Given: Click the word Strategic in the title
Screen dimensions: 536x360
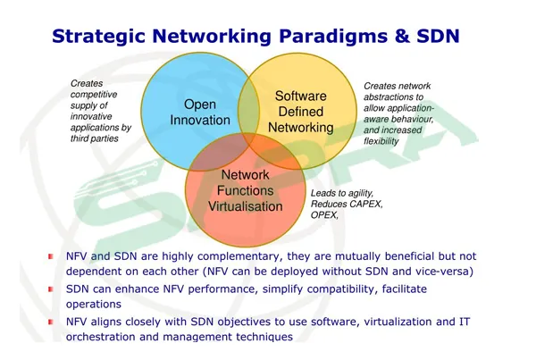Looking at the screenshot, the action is point(98,37).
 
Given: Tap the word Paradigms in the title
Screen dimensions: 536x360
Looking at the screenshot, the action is point(333,37).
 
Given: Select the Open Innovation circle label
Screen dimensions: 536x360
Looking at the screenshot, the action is point(200,113).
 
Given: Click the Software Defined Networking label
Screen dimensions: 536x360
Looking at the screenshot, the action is point(301,112).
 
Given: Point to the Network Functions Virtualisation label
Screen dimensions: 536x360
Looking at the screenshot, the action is point(246,190).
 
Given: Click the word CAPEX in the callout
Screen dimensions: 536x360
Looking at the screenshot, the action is point(364,204).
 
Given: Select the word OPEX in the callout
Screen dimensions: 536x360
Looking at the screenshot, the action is point(324,215).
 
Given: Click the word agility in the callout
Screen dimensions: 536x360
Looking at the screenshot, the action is point(360,194).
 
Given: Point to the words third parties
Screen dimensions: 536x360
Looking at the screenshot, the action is point(95,138).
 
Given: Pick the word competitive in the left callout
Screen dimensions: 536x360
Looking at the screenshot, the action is point(94,95).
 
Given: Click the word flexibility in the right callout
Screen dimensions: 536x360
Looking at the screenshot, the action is point(381,141).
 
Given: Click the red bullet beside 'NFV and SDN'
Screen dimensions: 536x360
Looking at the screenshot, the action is point(51,256).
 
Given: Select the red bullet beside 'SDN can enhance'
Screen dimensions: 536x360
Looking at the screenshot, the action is point(51,289).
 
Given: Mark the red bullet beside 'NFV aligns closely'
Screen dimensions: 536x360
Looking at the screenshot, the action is point(51,322).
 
